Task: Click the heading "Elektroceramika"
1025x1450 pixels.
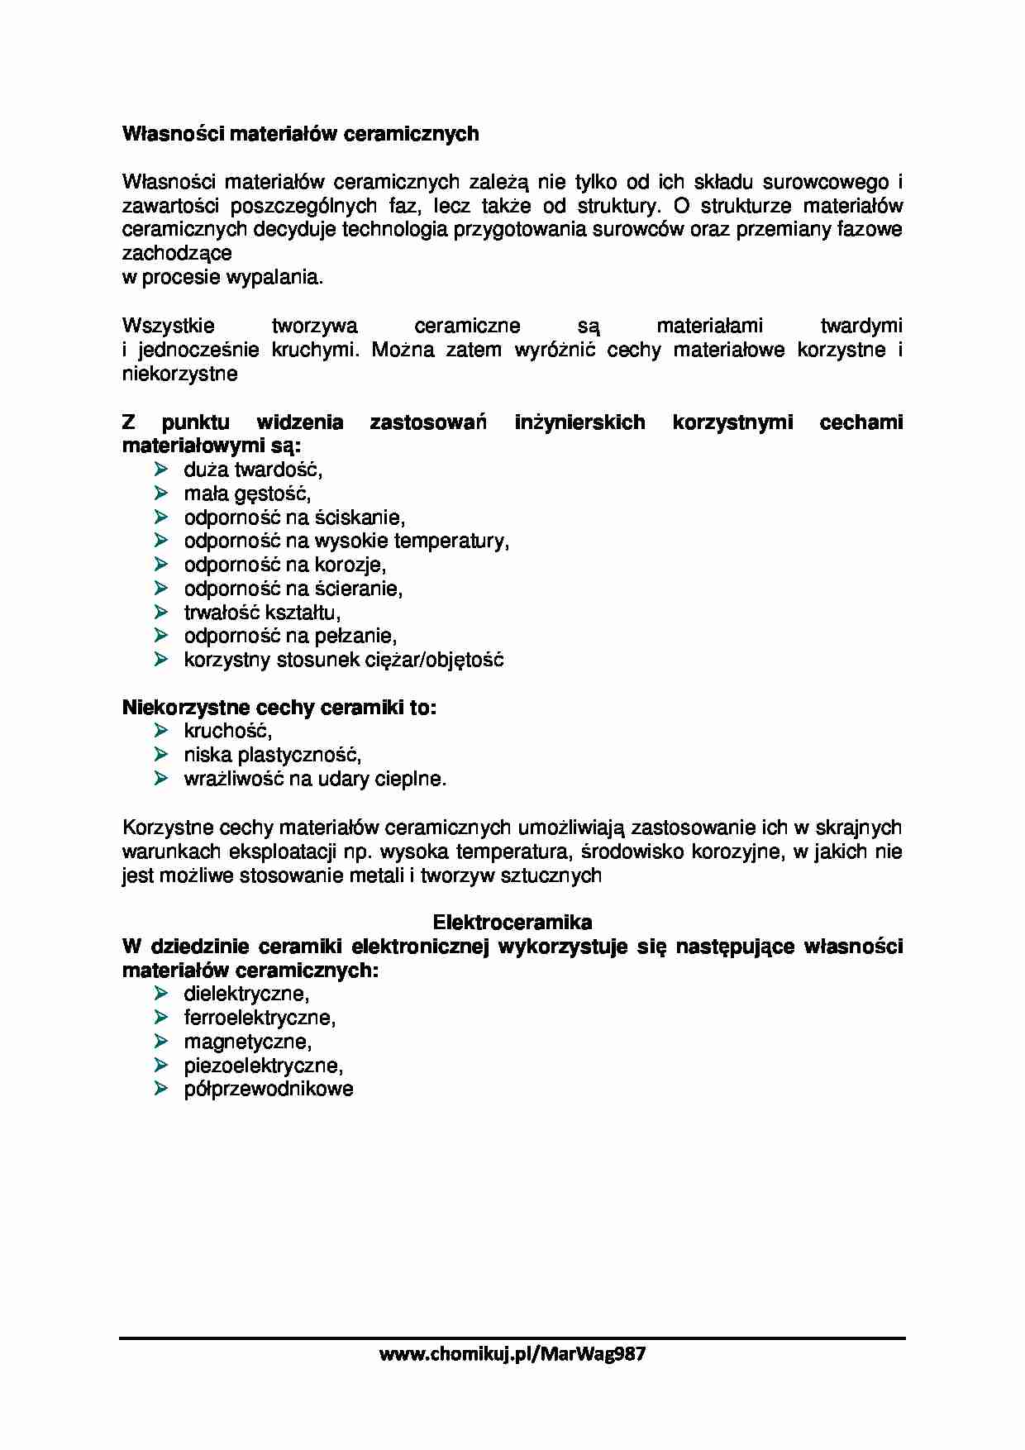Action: tap(512, 922)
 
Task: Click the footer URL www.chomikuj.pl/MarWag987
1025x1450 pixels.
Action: tap(512, 1353)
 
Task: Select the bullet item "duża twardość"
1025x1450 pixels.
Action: tap(252, 470)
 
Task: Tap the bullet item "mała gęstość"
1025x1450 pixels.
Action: tap(246, 494)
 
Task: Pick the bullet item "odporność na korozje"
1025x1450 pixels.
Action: tap(284, 565)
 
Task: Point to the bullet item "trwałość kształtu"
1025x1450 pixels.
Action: tap(261, 613)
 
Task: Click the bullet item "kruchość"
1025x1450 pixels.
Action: tap(227, 732)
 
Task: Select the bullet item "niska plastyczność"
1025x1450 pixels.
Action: tap(272, 755)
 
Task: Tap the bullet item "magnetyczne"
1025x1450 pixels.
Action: tap(247, 1042)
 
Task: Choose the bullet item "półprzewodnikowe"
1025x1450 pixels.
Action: tap(268, 1089)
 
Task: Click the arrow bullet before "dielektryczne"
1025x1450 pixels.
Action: tap(160, 994)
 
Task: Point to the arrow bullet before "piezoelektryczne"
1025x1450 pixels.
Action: tap(160, 1065)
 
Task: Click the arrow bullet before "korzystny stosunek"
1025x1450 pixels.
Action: tap(160, 660)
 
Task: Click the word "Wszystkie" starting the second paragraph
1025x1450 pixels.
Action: tap(168, 326)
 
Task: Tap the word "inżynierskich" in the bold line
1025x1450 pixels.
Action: tap(579, 422)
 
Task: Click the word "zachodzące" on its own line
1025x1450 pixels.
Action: tap(177, 254)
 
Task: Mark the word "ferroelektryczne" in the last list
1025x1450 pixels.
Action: tap(259, 1018)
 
